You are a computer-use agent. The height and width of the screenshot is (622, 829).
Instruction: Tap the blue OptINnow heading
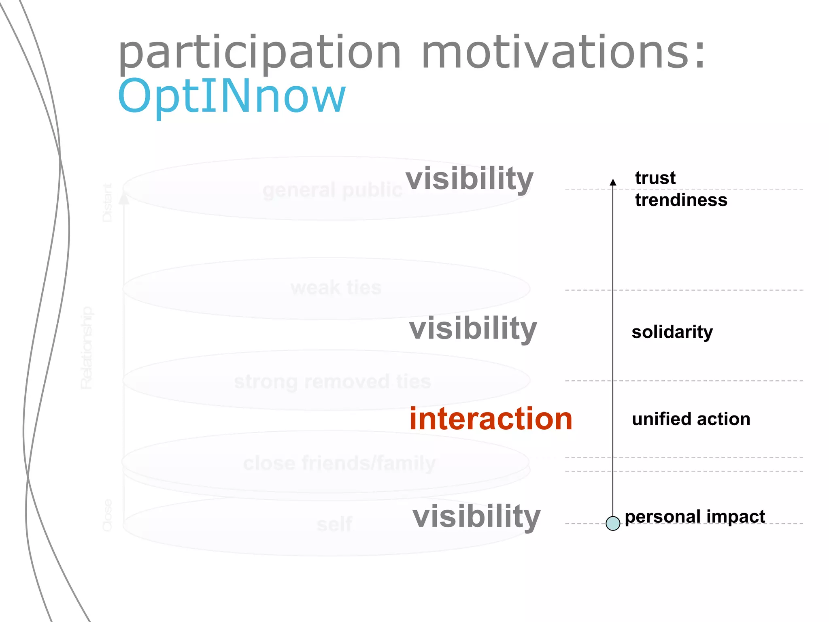pos(232,96)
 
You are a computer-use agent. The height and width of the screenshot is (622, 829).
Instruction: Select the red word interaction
pos(491,419)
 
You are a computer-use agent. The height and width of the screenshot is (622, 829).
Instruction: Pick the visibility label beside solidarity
pos(473,328)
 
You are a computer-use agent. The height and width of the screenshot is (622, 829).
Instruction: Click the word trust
pos(655,178)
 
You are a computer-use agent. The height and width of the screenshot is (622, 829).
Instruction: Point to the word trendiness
pos(681,200)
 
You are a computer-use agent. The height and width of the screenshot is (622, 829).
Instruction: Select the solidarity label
pos(672,332)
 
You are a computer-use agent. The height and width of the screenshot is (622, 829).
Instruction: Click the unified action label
pos(691,419)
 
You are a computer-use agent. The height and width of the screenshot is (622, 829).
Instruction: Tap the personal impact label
pos(695,517)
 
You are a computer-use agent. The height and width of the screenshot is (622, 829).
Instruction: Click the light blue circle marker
pos(613,523)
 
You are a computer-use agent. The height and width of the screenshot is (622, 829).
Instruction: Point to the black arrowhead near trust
pos(613,182)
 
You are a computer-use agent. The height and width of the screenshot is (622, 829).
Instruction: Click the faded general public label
pos(332,190)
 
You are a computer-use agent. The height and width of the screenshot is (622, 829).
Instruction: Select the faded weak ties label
pos(336,288)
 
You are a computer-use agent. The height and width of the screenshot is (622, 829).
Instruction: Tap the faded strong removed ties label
pos(332,381)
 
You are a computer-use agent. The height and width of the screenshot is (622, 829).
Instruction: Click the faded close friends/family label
pos(339,463)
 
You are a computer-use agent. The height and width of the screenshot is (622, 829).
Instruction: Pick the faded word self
pos(334,525)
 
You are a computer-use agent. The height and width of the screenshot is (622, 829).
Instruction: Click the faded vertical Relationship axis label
pos(86,348)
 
